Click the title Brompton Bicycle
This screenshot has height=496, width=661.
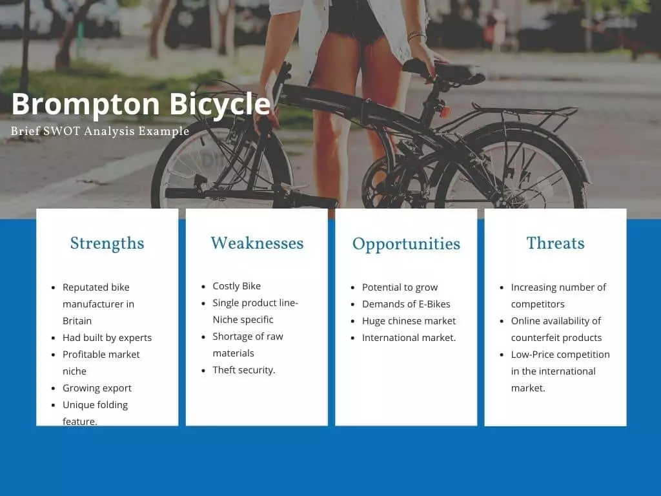click(x=141, y=105)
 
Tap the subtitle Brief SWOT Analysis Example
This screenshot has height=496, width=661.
click(x=100, y=131)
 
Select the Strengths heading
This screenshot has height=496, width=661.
click(x=107, y=243)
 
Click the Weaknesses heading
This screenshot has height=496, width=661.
click(x=257, y=243)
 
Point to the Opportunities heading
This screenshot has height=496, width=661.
click(x=407, y=244)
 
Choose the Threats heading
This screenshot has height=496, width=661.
click(x=556, y=243)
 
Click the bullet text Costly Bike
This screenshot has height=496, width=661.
click(x=236, y=286)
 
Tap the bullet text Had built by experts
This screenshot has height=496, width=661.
click(x=107, y=338)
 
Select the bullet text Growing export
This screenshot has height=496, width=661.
click(x=97, y=388)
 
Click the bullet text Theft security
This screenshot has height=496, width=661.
click(x=243, y=370)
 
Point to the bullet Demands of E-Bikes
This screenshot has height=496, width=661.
click(x=406, y=304)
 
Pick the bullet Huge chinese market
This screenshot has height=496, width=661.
click(x=409, y=321)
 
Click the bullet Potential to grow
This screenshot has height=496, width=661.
click(x=400, y=287)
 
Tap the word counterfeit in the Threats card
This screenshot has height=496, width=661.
click(x=536, y=338)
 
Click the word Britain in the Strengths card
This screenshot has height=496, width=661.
click(x=77, y=321)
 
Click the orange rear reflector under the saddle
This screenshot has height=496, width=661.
click(x=444, y=111)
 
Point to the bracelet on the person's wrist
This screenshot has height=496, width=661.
click(x=416, y=36)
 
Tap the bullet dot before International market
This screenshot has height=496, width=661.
click(x=353, y=338)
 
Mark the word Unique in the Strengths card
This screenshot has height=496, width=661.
click(x=77, y=405)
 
